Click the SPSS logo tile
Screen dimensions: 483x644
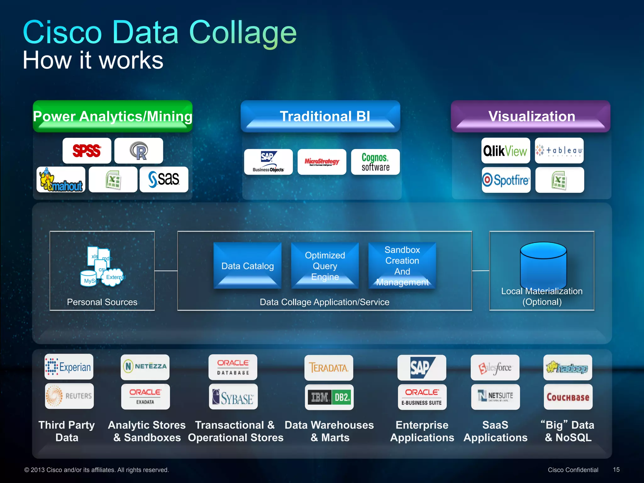click(x=87, y=151)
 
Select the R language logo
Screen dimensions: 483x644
click(x=139, y=151)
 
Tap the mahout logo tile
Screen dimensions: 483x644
click(x=61, y=180)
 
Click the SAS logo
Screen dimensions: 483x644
click(x=164, y=180)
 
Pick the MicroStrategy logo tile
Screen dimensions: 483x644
click(x=322, y=162)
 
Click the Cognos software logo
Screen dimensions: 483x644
click(x=375, y=162)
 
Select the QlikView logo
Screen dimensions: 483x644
click(x=505, y=151)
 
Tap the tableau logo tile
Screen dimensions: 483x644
click(x=559, y=151)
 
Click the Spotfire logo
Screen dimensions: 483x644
click(x=506, y=180)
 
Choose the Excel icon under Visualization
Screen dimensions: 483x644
click(x=559, y=180)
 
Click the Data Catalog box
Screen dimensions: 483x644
click(x=247, y=266)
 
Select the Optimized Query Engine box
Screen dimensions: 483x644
click(x=325, y=266)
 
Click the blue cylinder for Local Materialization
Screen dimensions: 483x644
click(x=543, y=264)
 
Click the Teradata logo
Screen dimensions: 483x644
click(x=329, y=368)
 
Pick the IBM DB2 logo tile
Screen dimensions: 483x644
click(x=329, y=397)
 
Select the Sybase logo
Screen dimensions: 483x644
click(x=233, y=397)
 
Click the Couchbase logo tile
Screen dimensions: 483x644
click(x=568, y=397)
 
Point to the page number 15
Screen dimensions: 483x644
click(x=616, y=469)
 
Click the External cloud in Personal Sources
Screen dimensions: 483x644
click(x=113, y=277)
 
